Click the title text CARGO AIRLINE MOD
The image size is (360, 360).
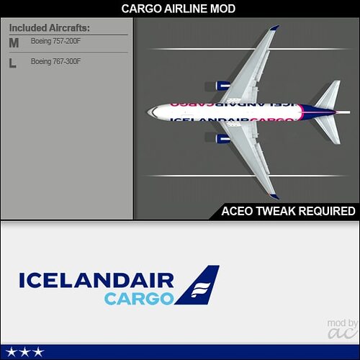[178, 9]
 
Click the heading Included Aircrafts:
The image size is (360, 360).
[50, 28]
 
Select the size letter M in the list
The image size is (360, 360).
[14, 42]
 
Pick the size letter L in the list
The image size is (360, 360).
[12, 63]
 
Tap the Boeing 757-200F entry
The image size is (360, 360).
[55, 41]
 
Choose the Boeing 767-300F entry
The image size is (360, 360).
[55, 61]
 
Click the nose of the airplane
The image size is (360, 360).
[149, 112]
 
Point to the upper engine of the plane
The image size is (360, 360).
[217, 86]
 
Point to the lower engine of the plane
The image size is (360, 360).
[217, 138]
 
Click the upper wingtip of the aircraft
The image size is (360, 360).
[275, 27]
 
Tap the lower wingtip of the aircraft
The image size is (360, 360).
[274, 197]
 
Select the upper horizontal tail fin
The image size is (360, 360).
[328, 94]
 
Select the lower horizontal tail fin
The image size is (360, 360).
[328, 130]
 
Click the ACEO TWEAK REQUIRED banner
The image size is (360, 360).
[288, 211]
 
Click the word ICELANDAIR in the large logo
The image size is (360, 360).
[96, 280]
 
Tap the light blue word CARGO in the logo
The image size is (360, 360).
[139, 299]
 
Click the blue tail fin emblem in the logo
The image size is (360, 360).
[197, 285]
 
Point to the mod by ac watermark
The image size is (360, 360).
[342, 329]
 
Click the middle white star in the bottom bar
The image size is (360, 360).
[25, 352]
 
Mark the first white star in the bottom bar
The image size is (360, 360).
[12, 352]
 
